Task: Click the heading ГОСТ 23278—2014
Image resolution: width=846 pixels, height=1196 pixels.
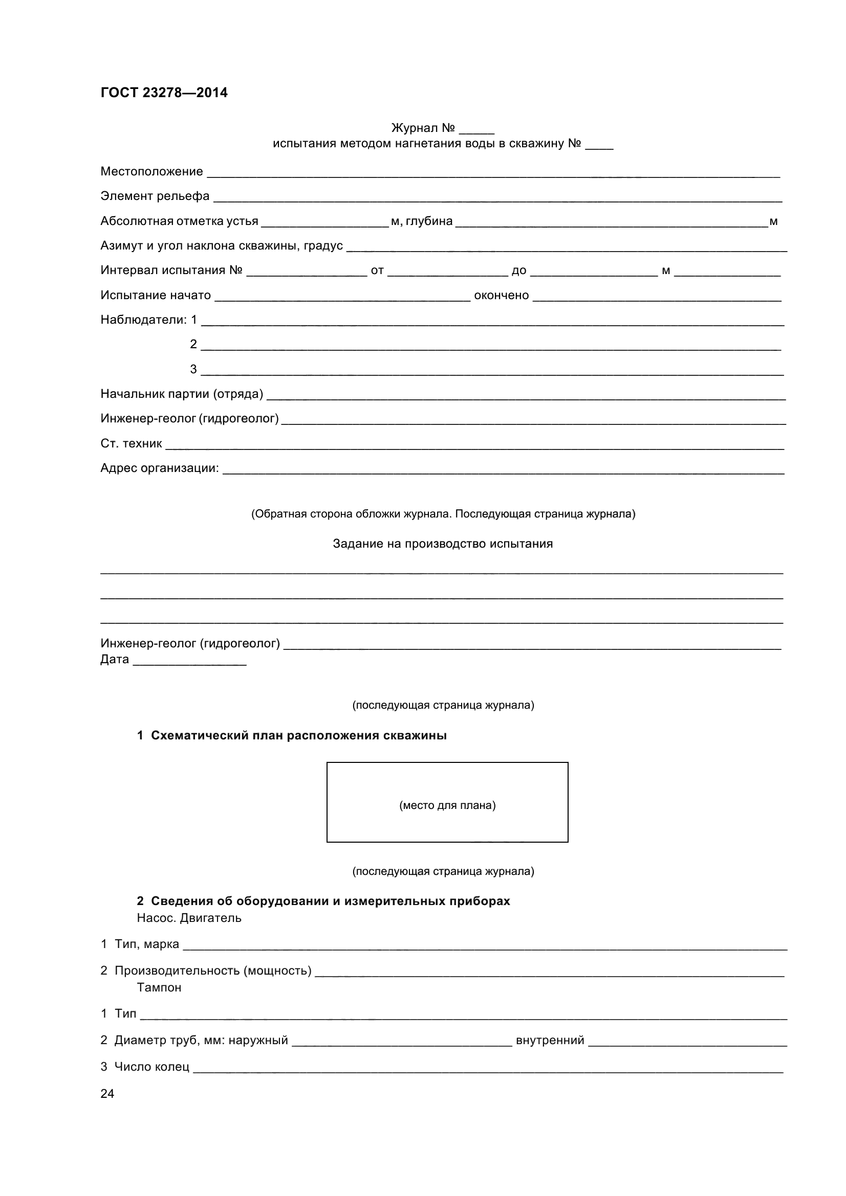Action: click(164, 93)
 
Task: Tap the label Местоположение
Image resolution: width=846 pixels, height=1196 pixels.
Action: click(151, 171)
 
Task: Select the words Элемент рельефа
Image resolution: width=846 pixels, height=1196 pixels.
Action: click(155, 196)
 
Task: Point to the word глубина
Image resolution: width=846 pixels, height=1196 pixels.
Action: click(429, 221)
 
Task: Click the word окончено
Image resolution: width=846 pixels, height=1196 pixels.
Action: click(501, 296)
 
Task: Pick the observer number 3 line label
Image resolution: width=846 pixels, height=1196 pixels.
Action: click(193, 369)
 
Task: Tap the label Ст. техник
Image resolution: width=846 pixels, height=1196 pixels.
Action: click(131, 444)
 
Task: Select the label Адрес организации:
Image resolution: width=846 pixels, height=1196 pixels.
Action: click(160, 468)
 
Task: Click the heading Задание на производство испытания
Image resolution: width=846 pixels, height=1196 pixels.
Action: click(443, 544)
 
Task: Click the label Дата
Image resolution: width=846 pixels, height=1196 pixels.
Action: click(115, 660)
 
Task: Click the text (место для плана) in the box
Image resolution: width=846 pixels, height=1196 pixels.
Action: click(447, 805)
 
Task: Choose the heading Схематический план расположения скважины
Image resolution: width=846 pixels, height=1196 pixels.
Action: click(298, 735)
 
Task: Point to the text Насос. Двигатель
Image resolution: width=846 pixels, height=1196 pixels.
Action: click(189, 918)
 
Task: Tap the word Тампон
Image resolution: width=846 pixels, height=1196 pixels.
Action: click(159, 988)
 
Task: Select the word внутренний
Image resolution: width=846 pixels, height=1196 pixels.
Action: click(550, 1040)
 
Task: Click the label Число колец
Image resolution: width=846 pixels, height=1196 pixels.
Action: click(151, 1067)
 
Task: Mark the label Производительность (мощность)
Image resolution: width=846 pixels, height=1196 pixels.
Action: click(213, 971)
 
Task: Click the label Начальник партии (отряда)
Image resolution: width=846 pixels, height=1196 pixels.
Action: click(181, 394)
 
